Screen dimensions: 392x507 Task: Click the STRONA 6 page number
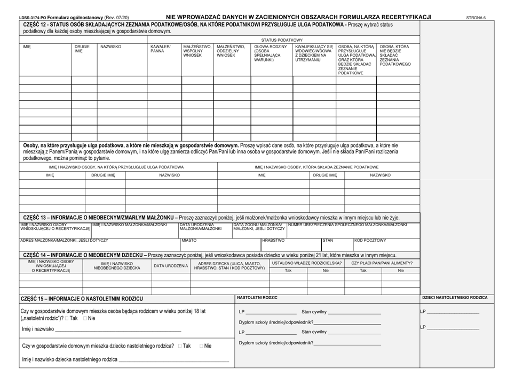tap(476, 17)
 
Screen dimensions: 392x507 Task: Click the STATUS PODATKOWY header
tap(282, 40)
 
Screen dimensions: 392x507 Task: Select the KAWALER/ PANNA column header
tap(159, 49)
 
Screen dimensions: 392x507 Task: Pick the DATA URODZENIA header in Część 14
tap(171, 266)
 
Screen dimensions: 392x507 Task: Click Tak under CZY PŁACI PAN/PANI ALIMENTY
tap(363, 271)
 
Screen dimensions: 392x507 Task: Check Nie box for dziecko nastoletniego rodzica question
tap(202, 346)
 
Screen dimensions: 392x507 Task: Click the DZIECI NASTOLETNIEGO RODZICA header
tap(454, 297)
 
